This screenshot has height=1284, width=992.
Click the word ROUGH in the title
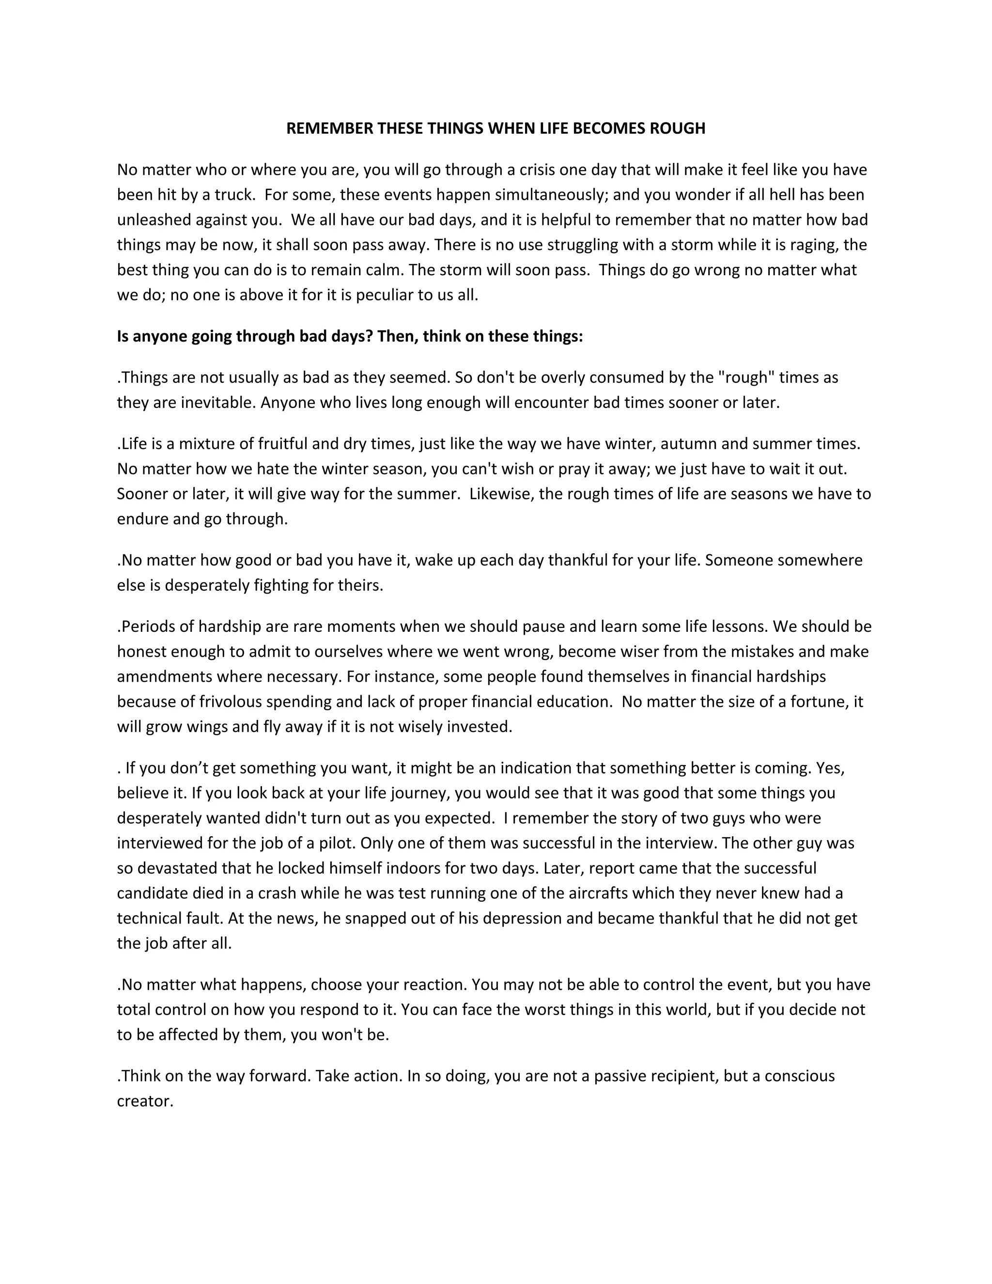point(677,129)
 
